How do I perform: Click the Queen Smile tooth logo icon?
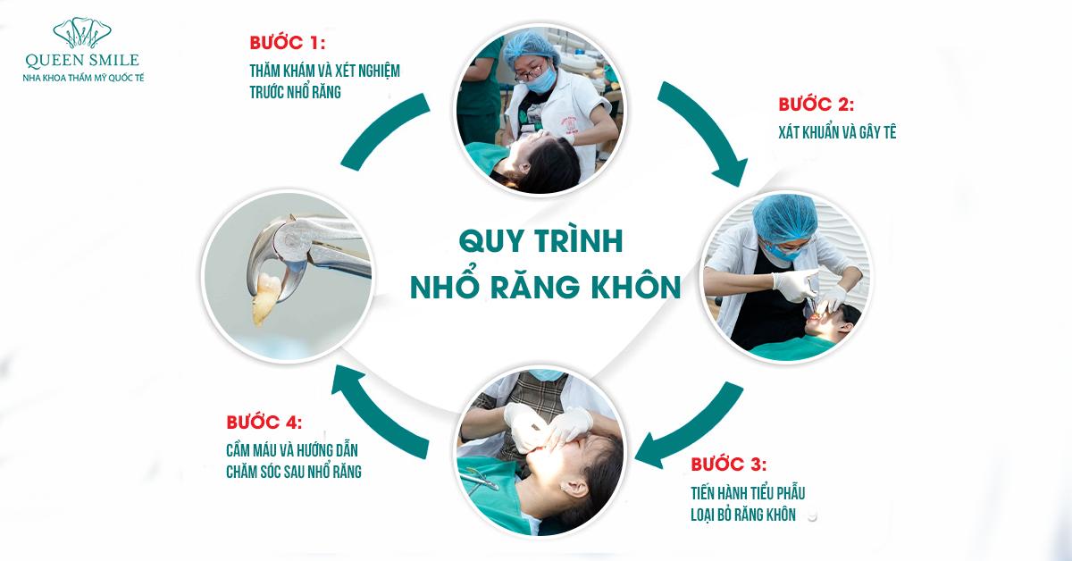click(82, 33)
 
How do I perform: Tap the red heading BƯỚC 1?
click(287, 43)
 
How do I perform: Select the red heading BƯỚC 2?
click(816, 105)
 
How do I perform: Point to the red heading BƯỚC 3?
click(728, 465)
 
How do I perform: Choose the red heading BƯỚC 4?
click(264, 423)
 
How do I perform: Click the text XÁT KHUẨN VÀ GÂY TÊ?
click(837, 132)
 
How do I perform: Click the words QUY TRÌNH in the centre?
click(540, 241)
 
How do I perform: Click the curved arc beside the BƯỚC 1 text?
click(383, 130)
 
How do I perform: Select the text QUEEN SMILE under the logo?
click(82, 61)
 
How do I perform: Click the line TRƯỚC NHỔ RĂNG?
click(296, 92)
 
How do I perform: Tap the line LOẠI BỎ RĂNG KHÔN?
click(743, 515)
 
